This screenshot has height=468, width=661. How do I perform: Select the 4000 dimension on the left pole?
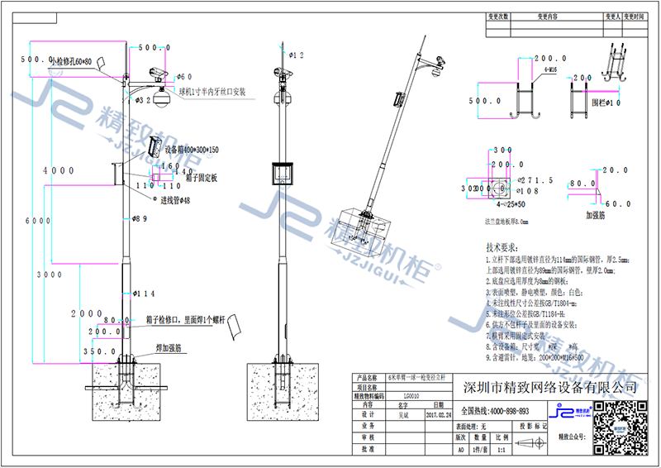point(59,170)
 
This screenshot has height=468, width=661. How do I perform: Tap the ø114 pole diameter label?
point(145,294)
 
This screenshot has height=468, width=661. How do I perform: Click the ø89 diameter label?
point(140,219)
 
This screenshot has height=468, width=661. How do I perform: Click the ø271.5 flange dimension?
point(531,179)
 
